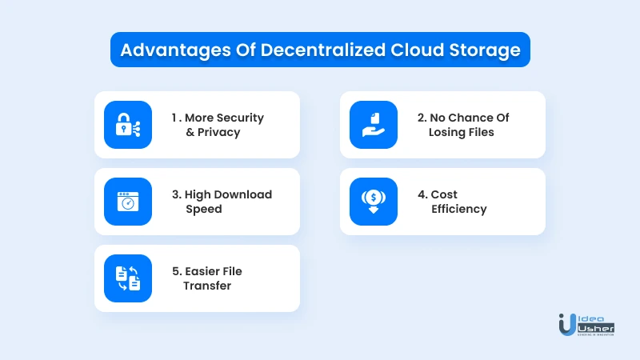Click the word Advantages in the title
coord(175,50)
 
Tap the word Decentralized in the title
coord(323,50)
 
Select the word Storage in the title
coord(485,50)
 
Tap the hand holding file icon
coord(374,125)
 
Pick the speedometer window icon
coord(128,202)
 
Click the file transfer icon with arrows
coord(128,278)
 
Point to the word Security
coord(240,118)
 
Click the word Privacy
coord(218,133)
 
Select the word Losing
coord(446,133)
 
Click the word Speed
coord(204,210)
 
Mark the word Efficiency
coord(458,209)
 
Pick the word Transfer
coord(207,286)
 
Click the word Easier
coord(203,271)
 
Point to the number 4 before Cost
coord(422,194)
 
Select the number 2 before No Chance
coord(421,118)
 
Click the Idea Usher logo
coord(586,325)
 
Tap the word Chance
coord(470,118)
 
